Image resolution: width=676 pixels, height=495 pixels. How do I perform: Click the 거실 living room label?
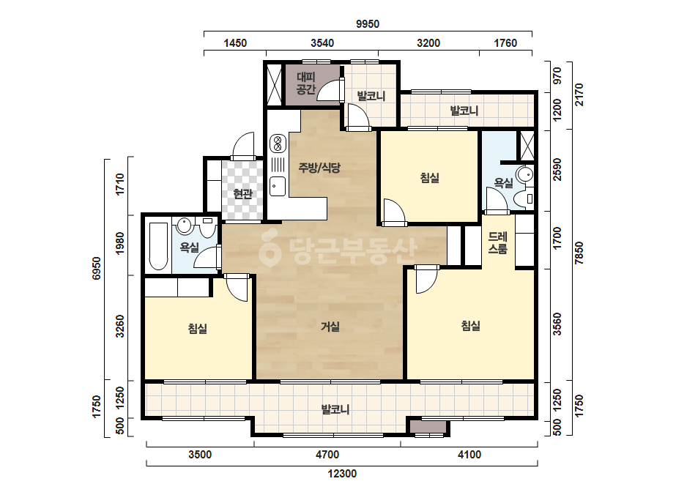[x=330, y=327]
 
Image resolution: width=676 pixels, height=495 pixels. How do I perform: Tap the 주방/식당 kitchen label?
[x=319, y=167]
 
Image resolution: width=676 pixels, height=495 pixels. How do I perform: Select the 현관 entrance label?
[x=242, y=194]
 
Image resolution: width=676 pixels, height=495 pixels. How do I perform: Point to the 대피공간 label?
[x=306, y=83]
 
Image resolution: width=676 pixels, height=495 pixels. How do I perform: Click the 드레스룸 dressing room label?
[x=498, y=242]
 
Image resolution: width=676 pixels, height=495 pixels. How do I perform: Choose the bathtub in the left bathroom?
[x=158, y=246]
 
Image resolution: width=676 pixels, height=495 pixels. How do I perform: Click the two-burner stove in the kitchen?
[x=278, y=144]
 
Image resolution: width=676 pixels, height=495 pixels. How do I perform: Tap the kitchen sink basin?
[x=278, y=186]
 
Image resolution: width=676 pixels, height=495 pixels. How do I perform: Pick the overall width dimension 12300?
[x=342, y=474]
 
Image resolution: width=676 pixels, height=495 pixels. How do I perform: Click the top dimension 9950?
[x=368, y=24]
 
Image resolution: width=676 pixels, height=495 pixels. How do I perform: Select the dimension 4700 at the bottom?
[x=327, y=455]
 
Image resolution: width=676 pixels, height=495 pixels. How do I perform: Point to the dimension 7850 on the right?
[x=579, y=253]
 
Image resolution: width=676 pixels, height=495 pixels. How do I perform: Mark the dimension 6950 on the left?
[x=96, y=268]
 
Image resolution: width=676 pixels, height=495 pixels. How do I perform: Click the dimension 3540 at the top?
[x=322, y=43]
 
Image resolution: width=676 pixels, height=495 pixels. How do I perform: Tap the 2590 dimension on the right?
[x=557, y=170]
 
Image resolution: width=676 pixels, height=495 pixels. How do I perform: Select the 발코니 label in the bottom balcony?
[x=335, y=409]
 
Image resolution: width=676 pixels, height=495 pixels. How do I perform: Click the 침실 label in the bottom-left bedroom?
[x=198, y=329]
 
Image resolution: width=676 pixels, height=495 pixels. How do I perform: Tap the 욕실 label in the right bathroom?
[x=504, y=183]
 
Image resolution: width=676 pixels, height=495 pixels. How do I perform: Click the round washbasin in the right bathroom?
[x=525, y=174]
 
